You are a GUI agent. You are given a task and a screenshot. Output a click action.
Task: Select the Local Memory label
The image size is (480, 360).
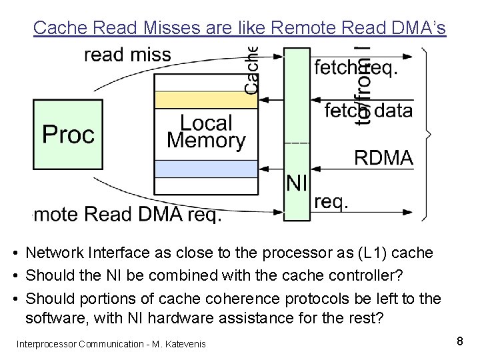pos(206,131)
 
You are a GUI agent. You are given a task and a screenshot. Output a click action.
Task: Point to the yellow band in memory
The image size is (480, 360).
pos(205,100)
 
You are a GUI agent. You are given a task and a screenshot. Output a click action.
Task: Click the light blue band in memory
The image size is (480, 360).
pos(205,169)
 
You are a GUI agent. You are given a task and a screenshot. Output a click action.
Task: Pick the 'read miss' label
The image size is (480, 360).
pos(127,55)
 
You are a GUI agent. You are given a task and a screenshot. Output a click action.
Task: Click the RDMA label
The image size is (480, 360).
pos(383,158)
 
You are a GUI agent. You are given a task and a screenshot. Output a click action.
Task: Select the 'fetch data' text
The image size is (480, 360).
pos(368,111)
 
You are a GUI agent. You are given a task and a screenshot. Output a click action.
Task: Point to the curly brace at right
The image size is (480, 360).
pos(426,133)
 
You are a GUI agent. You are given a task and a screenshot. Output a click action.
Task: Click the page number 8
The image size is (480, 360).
pos(459,341)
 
